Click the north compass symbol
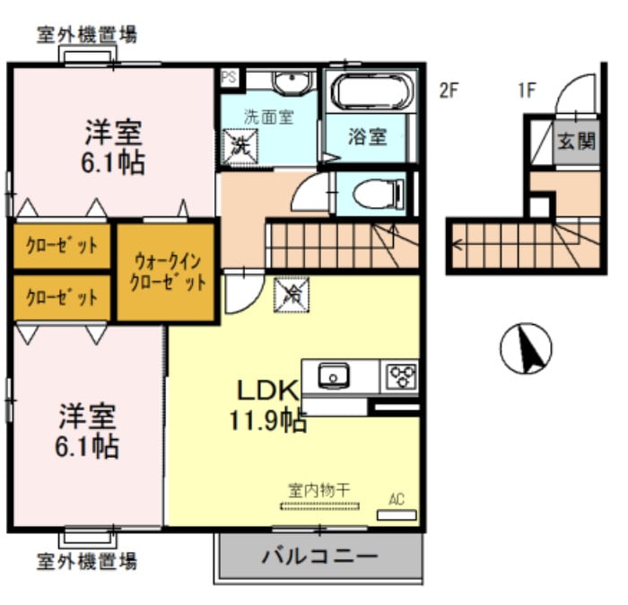click(526, 349)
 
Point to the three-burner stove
click(400, 375)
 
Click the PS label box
click(229, 77)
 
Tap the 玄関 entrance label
click(575, 141)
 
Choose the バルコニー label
click(319, 556)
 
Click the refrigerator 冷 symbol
click(290, 292)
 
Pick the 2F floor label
click(449, 90)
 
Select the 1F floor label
click(526, 90)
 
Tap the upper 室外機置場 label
click(86, 35)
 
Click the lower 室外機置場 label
click(86, 562)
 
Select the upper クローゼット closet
click(61, 244)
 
